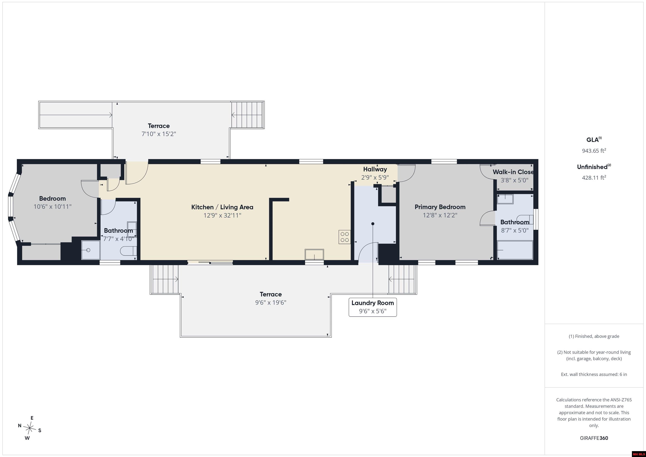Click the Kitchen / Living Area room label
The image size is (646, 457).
tap(222, 207)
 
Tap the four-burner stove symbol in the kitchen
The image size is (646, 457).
tap(345, 237)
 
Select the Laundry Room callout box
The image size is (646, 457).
tap(373, 307)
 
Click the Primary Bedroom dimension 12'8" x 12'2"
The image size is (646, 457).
tap(440, 215)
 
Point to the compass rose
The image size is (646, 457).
tap(29, 428)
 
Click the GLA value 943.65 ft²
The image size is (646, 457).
tap(594, 151)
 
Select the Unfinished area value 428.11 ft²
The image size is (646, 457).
tap(594, 178)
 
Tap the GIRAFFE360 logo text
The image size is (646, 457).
tap(594, 438)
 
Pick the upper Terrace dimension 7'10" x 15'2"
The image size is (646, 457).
tap(159, 134)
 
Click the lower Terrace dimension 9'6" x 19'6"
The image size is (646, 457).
tap(271, 302)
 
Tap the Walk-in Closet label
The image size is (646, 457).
tap(513, 172)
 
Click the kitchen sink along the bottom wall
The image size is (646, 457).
tap(314, 255)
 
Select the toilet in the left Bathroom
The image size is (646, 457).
tap(128, 251)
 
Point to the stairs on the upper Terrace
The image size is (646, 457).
tap(248, 115)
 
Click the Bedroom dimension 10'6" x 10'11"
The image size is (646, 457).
tap(53, 207)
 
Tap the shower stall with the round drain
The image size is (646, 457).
tap(91, 250)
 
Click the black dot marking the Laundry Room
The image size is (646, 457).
tap(373, 224)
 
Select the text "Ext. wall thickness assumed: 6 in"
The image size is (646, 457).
tap(594, 374)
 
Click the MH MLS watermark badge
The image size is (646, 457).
tap(639, 454)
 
